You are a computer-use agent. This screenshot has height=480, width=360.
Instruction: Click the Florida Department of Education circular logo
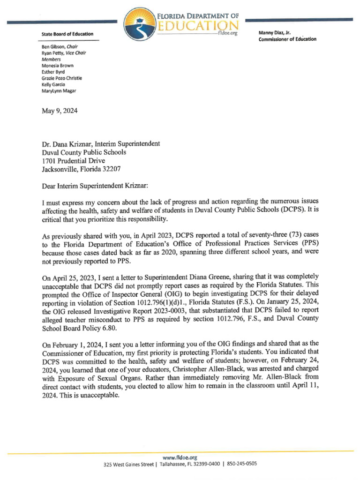coord(140,24)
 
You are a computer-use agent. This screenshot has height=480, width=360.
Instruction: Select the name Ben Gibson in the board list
coord(53,47)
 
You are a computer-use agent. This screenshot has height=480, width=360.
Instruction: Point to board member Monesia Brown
coord(58,66)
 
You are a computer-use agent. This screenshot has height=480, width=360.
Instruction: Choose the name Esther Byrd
coord(53,72)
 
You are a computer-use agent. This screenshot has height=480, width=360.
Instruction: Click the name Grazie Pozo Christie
coord(62,78)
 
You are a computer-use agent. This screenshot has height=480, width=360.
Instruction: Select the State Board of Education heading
coord(67,34)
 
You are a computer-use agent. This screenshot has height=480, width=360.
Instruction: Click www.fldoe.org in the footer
coord(180,457)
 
